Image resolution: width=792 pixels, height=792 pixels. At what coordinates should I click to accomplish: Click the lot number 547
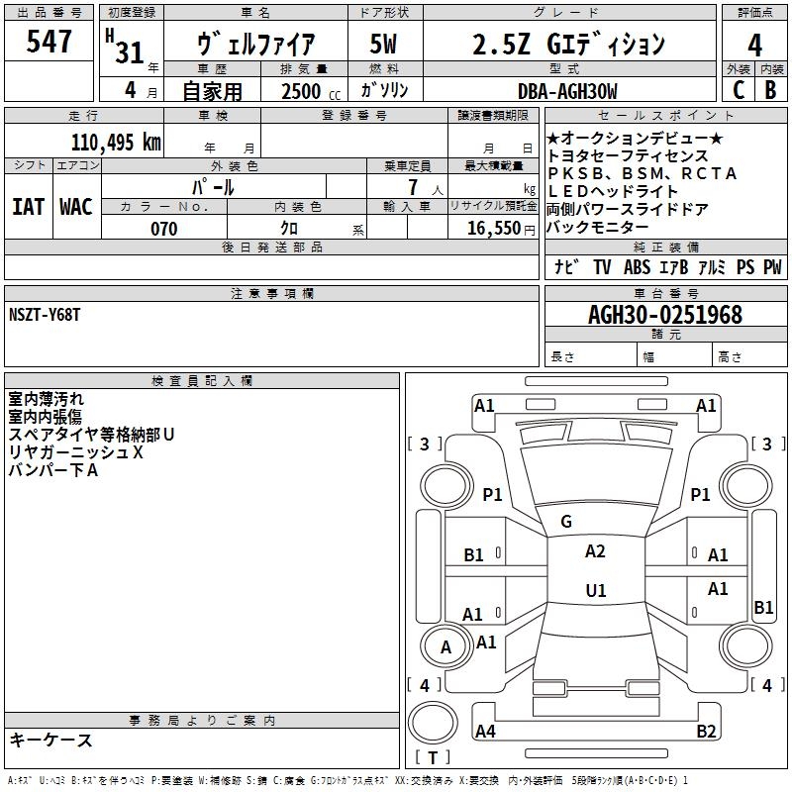coord(49,41)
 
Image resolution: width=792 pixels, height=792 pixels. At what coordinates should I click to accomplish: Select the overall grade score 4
coord(754,46)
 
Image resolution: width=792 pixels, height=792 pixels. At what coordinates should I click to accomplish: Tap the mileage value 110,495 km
coord(116,143)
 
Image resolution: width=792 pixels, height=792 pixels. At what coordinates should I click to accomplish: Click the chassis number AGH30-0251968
coord(665,315)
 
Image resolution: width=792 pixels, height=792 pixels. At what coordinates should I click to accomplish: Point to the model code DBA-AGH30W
coord(567,91)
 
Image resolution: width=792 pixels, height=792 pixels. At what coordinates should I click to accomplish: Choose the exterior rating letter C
coord(739,90)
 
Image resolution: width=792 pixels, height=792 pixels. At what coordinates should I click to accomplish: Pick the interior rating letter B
coord(770,90)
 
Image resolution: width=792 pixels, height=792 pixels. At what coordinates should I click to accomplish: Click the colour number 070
coord(164,229)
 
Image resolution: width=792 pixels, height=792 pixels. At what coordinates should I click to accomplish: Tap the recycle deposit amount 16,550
coord(494,229)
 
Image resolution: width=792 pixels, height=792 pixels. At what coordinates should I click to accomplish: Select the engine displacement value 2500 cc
coord(311,91)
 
